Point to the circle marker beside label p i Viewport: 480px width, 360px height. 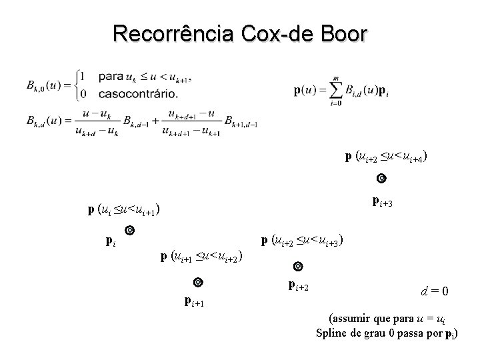[x=130, y=231]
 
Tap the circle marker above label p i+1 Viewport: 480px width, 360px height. [x=198, y=282]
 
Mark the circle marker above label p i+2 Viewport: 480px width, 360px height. [x=298, y=267]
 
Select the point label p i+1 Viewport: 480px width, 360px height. [x=194, y=302]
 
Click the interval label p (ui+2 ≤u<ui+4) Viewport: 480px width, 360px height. [x=386, y=157]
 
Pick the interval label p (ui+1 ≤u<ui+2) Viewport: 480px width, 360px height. [x=201, y=255]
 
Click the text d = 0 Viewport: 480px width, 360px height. [x=435, y=291]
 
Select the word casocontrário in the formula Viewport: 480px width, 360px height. [x=139, y=93]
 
